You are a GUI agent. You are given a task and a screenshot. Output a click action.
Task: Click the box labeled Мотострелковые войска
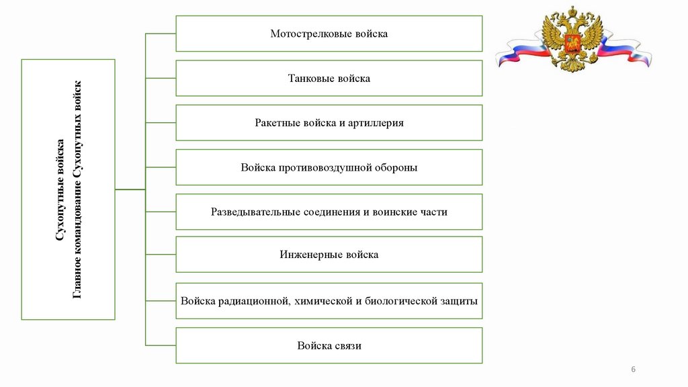329,34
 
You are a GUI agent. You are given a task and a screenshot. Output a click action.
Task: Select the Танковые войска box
329,79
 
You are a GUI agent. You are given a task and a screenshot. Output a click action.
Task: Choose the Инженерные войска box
329,255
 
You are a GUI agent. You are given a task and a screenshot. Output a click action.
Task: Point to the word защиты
460,301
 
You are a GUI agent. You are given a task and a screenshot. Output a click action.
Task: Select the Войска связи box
329,346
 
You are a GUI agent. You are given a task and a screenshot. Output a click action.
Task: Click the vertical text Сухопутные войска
60,189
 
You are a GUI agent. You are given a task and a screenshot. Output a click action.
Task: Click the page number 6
633,370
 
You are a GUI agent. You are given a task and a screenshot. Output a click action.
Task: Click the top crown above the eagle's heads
573,11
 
